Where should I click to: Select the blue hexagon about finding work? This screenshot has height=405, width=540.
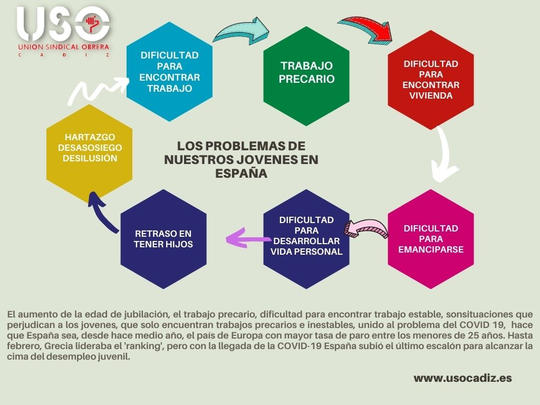(x=169, y=72)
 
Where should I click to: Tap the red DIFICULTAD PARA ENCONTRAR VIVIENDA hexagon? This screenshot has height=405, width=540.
(x=430, y=80)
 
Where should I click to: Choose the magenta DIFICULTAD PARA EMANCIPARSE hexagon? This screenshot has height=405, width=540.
(x=430, y=239)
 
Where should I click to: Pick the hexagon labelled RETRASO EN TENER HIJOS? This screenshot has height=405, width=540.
(x=163, y=239)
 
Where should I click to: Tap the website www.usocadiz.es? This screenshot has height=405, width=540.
(x=462, y=378)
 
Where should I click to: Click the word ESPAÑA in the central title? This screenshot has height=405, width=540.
(x=242, y=173)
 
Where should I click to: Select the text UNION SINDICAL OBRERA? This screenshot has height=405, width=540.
(x=63, y=47)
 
